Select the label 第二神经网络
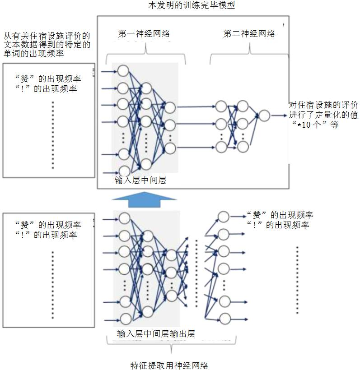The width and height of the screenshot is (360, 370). [249, 34]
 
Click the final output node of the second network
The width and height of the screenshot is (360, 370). [264, 116]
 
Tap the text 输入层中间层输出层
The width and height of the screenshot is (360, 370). [156, 334]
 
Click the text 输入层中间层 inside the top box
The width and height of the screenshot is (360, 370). [141, 180]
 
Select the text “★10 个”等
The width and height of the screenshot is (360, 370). [314, 125]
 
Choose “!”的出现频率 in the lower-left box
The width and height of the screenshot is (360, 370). [48, 235]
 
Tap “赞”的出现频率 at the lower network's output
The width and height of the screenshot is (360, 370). [279, 215]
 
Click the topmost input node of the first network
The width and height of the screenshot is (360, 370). [123, 71]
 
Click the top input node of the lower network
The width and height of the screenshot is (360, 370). [125, 219]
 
